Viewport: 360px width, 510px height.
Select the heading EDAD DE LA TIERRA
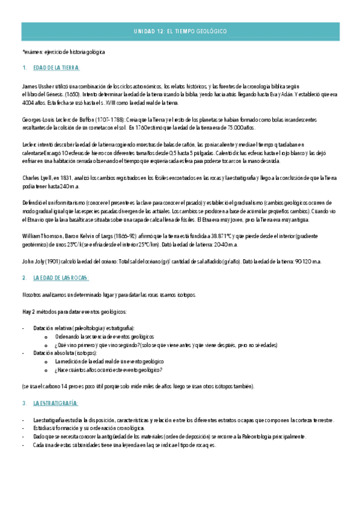[x=56, y=68]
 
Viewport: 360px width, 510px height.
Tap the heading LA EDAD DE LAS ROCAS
[x=61, y=278]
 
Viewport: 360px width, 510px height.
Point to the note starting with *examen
[x=63, y=52]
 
